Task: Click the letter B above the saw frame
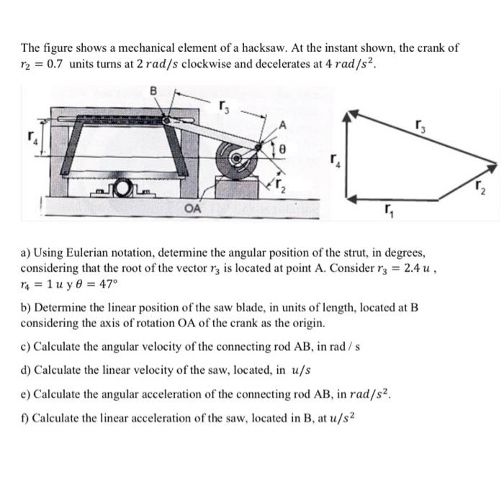153,91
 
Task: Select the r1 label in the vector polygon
389,211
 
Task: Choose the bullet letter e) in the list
25,394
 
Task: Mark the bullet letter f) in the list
24,417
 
